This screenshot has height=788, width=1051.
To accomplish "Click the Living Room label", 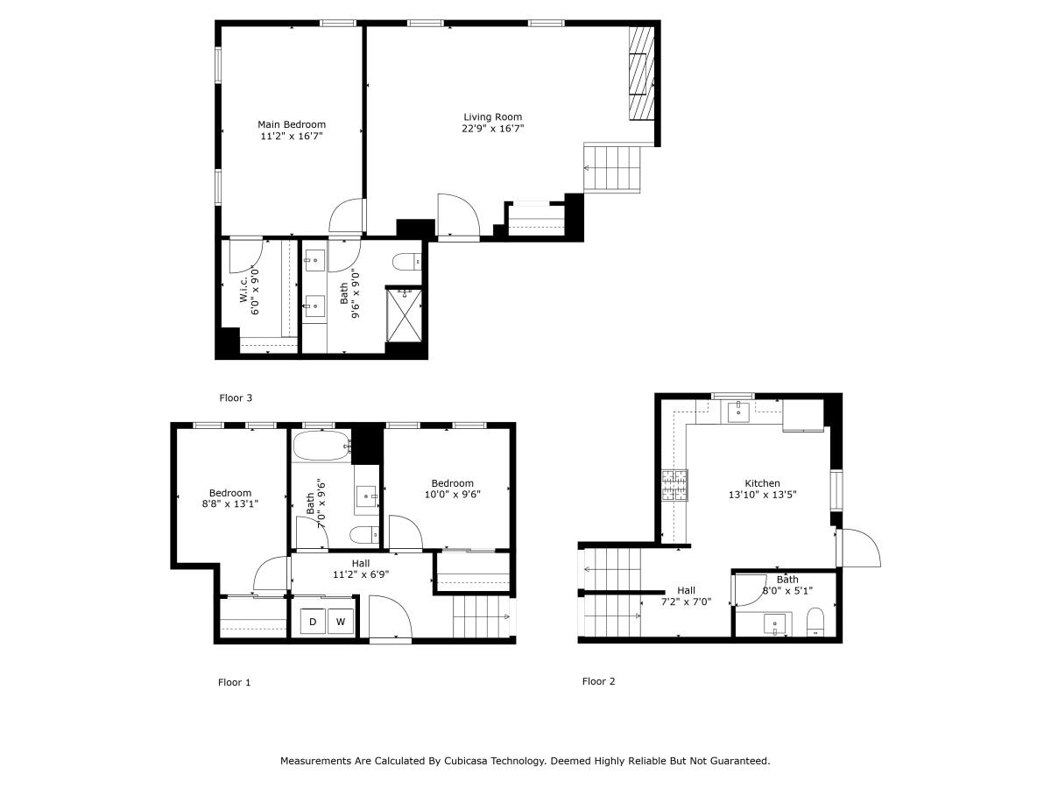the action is (x=492, y=116).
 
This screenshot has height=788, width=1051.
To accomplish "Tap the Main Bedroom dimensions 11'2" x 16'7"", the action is (x=291, y=136).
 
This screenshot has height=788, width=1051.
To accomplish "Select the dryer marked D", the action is (x=313, y=622).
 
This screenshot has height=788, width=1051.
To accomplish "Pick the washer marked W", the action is (x=341, y=622).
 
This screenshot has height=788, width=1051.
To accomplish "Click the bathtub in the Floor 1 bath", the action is (x=321, y=446).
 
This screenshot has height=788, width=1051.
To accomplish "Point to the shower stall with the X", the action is (x=404, y=316).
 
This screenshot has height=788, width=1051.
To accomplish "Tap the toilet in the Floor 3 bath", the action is (x=407, y=261).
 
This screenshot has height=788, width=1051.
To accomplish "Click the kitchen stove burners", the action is (x=674, y=485).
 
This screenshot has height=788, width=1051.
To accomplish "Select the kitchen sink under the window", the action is (x=737, y=412).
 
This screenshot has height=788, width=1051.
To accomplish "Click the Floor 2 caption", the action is (x=598, y=681).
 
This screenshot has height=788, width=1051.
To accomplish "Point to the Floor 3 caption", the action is (x=235, y=398).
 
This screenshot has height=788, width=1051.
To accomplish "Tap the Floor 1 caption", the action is (x=234, y=682).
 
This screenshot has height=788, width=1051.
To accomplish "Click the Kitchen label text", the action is (x=762, y=483).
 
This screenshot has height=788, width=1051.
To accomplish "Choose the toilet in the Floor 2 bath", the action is (x=815, y=622).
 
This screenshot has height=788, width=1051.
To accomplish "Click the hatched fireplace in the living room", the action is (x=641, y=74).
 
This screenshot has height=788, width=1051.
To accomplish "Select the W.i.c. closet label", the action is (x=243, y=289).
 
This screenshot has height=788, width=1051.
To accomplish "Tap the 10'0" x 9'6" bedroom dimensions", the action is (x=452, y=494).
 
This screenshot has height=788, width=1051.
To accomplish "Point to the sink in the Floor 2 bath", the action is (x=775, y=624).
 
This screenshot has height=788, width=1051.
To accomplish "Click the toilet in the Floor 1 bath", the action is (x=364, y=534).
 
